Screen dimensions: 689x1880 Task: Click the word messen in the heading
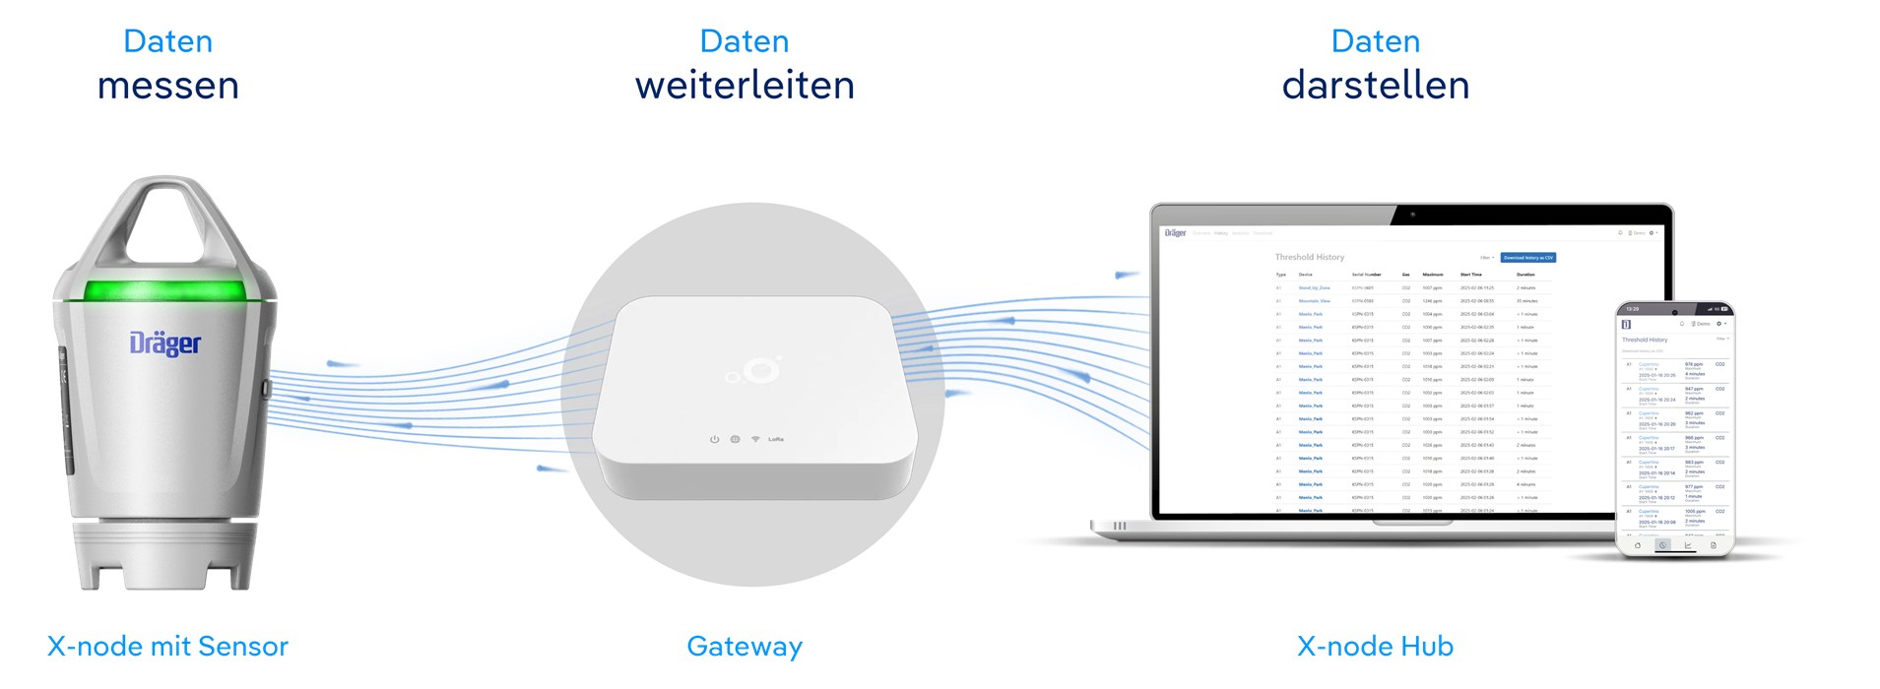tap(168, 86)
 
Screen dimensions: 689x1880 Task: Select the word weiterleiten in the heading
tap(745, 86)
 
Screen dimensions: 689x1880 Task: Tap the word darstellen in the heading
tap(1375, 86)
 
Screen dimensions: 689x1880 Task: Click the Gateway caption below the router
tap(745, 647)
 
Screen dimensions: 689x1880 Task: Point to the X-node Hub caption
tap(1375, 647)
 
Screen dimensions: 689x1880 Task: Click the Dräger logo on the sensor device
tap(165, 344)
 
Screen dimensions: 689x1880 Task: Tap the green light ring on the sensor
tap(164, 290)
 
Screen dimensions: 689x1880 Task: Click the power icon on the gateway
tap(715, 439)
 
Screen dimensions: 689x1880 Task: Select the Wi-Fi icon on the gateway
tap(755, 439)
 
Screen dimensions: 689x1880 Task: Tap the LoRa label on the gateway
tap(776, 439)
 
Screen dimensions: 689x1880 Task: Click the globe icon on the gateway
tap(735, 439)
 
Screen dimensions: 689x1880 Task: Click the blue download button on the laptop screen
tap(1527, 258)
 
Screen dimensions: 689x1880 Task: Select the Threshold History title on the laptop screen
tap(1309, 257)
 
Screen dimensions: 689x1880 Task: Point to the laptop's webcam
tap(1412, 214)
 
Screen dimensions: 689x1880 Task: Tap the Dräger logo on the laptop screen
tap(1175, 233)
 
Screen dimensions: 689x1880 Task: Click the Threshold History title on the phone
tap(1645, 340)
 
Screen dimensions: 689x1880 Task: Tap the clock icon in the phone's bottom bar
tap(1662, 544)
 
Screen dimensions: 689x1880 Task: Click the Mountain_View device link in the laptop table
tap(1314, 301)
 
